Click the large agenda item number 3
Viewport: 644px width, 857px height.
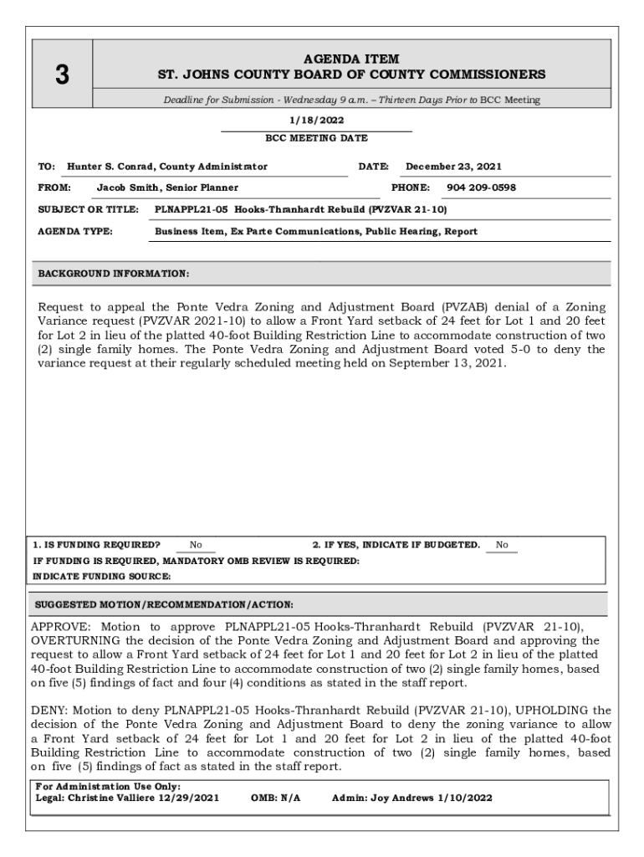tap(61, 74)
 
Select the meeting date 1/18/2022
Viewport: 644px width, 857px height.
tap(316, 121)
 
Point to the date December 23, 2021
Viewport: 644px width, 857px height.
tap(453, 167)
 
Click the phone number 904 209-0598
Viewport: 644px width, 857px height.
tap(482, 187)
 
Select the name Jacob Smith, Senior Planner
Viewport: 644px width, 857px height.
tap(167, 187)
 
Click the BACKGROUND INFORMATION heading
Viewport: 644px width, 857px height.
tap(114, 274)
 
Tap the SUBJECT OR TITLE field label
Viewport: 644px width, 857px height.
tap(88, 209)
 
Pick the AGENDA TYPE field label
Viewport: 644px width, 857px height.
tap(76, 231)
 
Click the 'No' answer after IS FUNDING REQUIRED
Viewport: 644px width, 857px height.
tap(196, 545)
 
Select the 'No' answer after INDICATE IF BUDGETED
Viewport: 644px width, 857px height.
tap(502, 545)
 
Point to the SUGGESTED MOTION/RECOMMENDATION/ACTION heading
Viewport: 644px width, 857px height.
tap(162, 604)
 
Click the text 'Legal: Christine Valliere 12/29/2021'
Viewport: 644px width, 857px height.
tap(127, 798)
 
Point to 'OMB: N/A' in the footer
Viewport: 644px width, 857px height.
tap(275, 798)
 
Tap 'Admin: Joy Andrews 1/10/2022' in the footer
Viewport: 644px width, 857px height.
tap(412, 798)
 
